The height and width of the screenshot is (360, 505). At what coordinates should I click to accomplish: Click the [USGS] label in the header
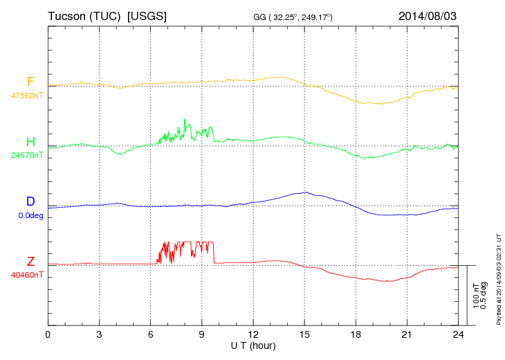147,15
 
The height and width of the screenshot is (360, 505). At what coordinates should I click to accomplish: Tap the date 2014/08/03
428,15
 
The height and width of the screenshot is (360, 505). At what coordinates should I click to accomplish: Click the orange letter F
30,82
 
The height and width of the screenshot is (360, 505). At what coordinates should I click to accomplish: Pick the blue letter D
30,201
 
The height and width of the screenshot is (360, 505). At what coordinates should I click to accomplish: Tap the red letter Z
30,261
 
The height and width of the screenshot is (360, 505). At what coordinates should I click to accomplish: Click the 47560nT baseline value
27,96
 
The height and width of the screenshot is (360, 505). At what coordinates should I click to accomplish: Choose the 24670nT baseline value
27,155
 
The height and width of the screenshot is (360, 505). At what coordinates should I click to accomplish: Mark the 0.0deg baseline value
27,215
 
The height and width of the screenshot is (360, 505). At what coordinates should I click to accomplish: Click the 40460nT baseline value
27,274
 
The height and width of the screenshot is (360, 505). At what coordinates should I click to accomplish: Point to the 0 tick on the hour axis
48,334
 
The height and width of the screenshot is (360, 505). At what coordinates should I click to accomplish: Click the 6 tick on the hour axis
151,334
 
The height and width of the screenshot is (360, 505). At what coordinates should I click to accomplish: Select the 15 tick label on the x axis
304,334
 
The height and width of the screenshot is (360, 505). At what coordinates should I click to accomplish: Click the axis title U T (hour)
253,345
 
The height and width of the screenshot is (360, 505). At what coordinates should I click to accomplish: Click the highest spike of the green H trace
185,119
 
